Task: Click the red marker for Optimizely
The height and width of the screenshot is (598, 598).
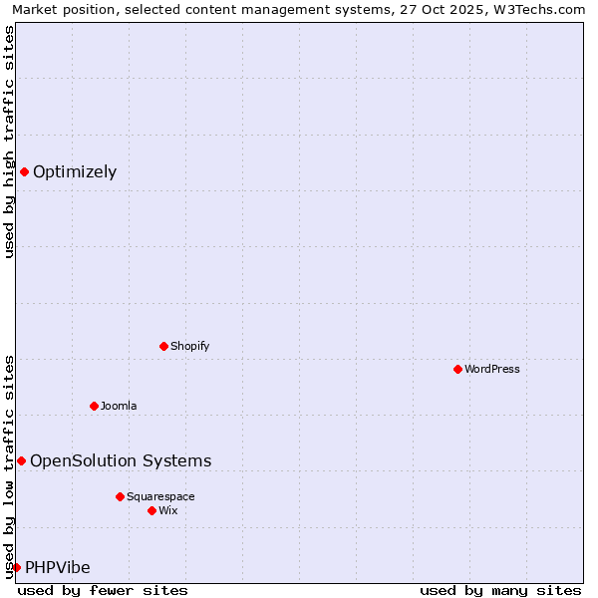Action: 24,171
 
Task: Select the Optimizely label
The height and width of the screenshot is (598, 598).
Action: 75,172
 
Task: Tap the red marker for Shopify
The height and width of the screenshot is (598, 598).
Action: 163,346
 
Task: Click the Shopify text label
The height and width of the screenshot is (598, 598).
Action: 189,347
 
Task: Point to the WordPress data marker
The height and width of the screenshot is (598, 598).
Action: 457,369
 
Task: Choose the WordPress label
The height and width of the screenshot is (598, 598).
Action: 491,370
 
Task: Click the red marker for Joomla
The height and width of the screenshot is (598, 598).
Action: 94,406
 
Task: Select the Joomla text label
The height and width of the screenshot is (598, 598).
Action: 119,407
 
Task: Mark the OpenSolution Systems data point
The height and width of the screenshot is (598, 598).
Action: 21,460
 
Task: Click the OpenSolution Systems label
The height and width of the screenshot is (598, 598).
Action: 121,461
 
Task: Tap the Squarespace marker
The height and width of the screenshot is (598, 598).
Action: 120,496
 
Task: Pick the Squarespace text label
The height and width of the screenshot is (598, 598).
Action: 160,497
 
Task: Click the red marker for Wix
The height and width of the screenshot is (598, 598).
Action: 151,510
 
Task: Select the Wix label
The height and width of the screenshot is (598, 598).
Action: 168,511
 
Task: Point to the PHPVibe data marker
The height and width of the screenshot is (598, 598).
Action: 16,567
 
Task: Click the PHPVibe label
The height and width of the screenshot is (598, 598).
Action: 58,568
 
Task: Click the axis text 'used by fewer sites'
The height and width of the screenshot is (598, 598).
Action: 103,590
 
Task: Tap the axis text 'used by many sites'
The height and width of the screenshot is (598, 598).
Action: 500,590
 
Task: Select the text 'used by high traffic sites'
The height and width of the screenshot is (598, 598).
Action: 9,142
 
